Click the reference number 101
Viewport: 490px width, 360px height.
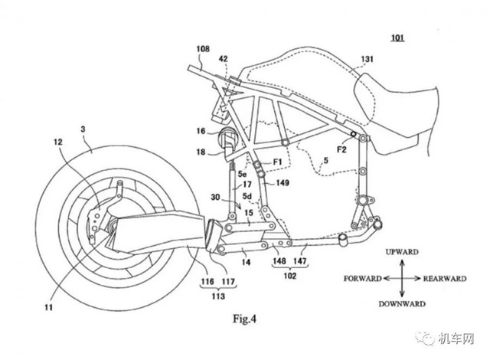(397, 38)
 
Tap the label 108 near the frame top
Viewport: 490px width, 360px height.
(203, 49)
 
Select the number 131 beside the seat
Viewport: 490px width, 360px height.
(367, 59)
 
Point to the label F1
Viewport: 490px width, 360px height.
(277, 162)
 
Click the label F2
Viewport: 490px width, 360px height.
(341, 149)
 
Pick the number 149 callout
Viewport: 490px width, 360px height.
(283, 182)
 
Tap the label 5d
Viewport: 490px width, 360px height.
(247, 196)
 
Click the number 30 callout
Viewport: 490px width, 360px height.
(215, 197)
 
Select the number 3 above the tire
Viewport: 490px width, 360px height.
(83, 129)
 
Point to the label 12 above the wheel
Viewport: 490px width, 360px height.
(58, 142)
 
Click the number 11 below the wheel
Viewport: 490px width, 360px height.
(48, 307)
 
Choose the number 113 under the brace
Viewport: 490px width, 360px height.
(217, 296)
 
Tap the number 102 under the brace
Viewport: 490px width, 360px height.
(289, 276)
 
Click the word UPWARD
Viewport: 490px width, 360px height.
(402, 252)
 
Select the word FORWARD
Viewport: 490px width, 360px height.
(362, 279)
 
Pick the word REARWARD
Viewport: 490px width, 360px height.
(445, 279)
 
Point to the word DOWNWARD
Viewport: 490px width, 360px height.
(402, 304)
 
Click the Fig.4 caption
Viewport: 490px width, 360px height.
(245, 319)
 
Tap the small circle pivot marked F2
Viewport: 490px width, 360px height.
(354, 134)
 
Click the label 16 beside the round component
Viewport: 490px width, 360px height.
(201, 131)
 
